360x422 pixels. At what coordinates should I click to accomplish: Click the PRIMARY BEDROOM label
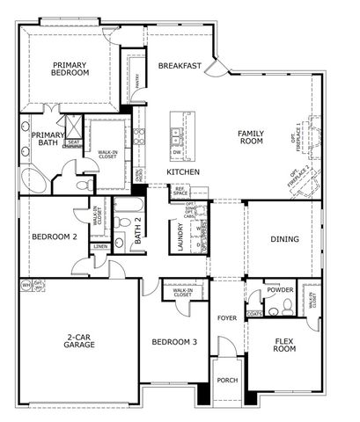click(70, 69)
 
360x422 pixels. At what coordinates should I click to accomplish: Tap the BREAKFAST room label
click(180, 66)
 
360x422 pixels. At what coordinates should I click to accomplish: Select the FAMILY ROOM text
click(251, 137)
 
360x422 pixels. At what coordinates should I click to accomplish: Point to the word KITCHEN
click(183, 172)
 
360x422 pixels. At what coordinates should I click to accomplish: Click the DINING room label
click(284, 239)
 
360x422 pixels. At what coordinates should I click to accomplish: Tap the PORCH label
click(227, 381)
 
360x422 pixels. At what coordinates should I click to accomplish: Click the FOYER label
click(227, 318)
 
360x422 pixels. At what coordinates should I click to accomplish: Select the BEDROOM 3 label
click(174, 342)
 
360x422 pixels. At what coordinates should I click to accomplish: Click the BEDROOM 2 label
click(55, 236)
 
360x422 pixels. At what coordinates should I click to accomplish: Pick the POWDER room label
click(280, 289)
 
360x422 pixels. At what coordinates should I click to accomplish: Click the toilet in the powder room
click(274, 310)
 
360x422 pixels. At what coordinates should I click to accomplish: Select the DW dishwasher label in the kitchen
click(177, 151)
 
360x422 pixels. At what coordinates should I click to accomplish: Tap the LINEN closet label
click(101, 247)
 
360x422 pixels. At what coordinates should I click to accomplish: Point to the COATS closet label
click(254, 313)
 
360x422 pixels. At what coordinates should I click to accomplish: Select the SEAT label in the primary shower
click(73, 142)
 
